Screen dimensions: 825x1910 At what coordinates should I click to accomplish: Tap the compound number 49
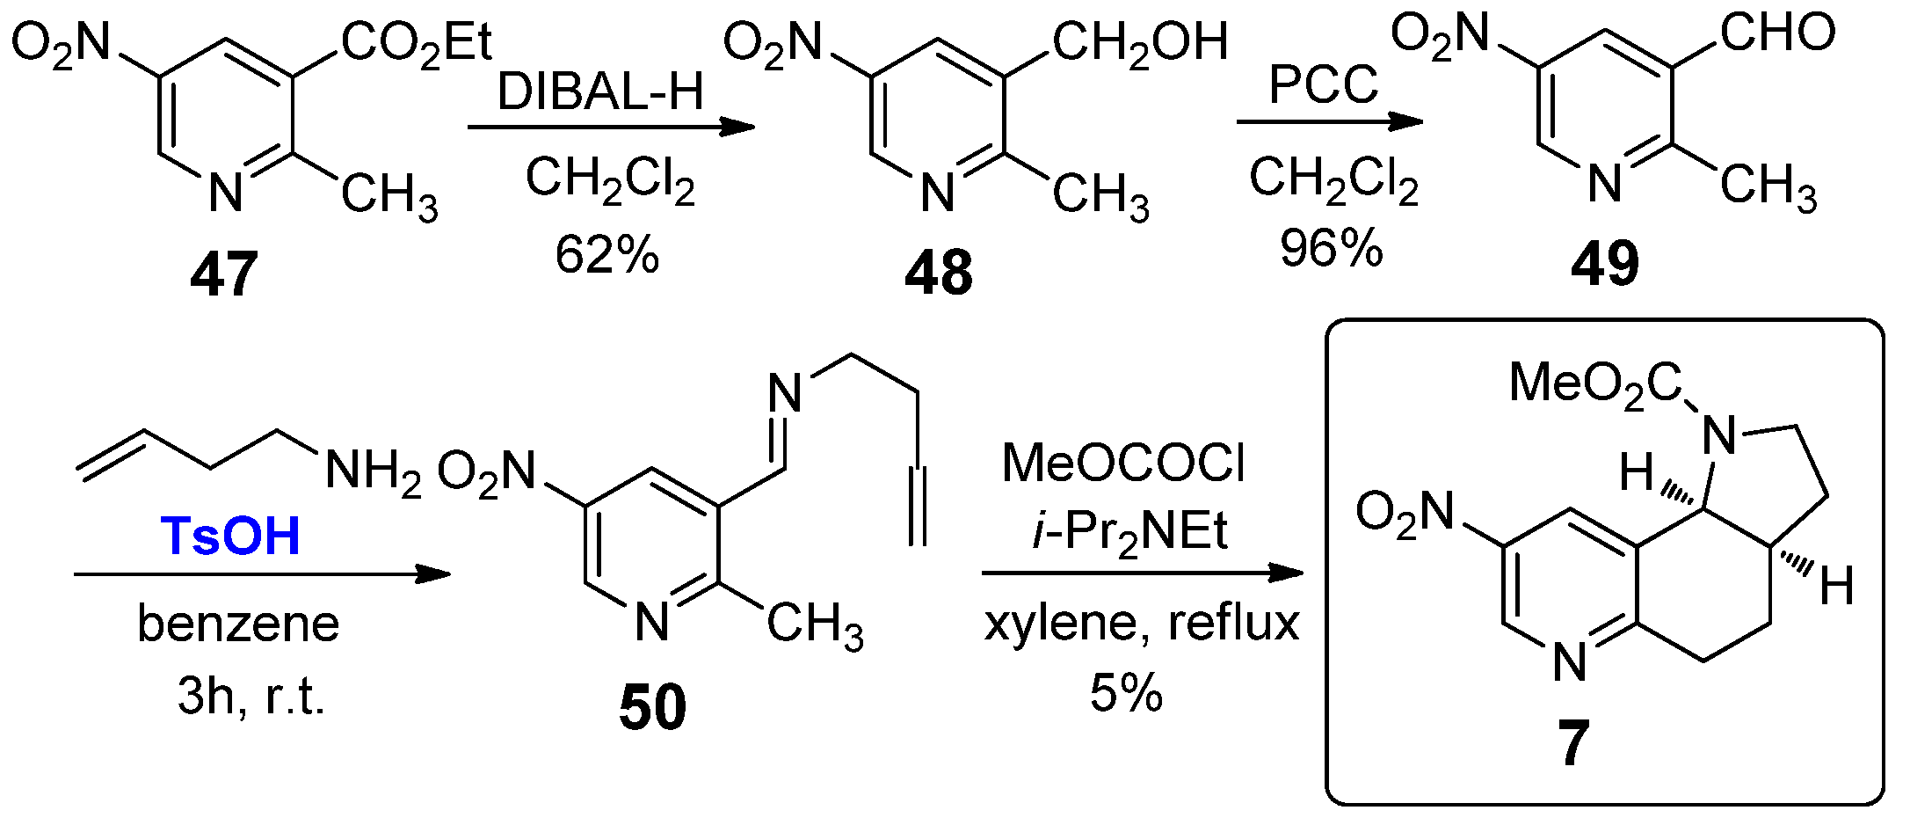pyautogui.click(x=1605, y=263)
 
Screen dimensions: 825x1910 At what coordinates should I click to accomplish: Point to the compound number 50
pyautogui.click(x=652, y=708)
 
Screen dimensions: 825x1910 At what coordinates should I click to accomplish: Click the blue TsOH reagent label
pyautogui.click(x=230, y=536)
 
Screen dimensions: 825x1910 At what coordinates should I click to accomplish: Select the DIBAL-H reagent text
pyautogui.click(x=601, y=91)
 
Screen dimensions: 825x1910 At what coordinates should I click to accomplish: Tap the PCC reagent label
pyautogui.click(x=1324, y=85)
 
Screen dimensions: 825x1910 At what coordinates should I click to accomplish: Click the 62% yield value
pyautogui.click(x=606, y=255)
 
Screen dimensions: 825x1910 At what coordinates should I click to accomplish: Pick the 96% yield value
pyautogui.click(x=1331, y=248)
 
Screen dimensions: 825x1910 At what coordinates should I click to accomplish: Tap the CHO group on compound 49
pyautogui.click(x=1777, y=33)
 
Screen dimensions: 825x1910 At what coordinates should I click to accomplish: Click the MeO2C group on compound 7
pyautogui.click(x=1594, y=384)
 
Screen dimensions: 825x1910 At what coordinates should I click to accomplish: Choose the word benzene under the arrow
pyautogui.click(x=238, y=624)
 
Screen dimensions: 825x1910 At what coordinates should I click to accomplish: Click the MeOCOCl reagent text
pyautogui.click(x=1123, y=464)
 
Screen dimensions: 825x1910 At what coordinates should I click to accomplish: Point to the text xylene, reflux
pyautogui.click(x=1141, y=624)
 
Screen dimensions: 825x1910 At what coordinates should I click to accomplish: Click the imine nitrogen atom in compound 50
pyautogui.click(x=786, y=391)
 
